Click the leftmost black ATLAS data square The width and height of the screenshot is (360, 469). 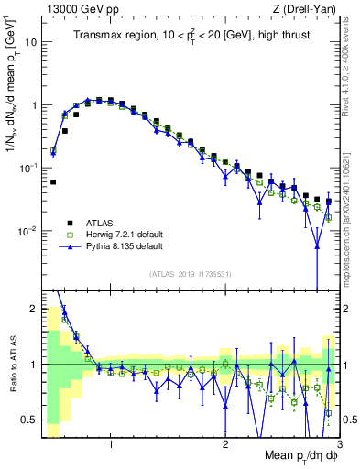pyautogui.click(x=53, y=181)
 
